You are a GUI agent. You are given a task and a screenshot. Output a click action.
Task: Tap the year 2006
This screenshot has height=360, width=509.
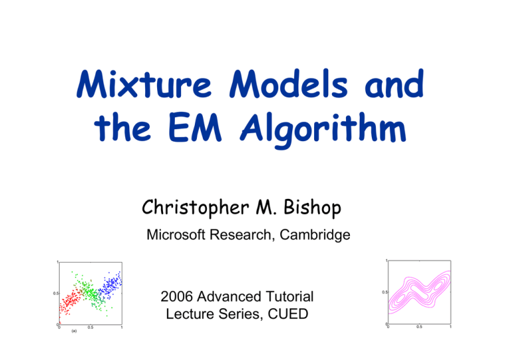coord(179,296)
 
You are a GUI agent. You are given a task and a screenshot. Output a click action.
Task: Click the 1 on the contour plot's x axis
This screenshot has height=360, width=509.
coord(451,328)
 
